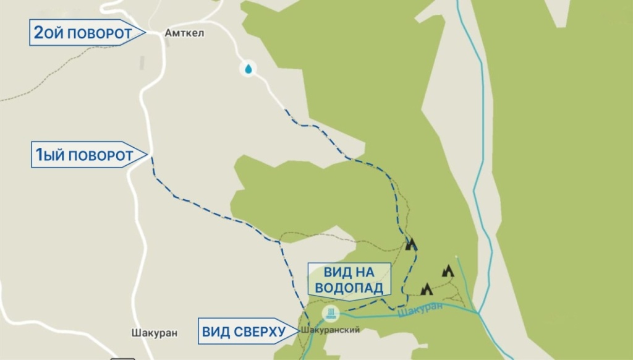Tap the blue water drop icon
[x=249, y=69]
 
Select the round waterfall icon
[x=331, y=313]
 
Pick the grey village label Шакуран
[x=155, y=333]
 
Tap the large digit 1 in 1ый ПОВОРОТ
[x=38, y=155]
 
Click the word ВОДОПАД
[x=349, y=288]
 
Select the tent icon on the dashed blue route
[x=410, y=244]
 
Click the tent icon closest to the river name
[x=426, y=289]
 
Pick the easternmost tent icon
[x=448, y=270]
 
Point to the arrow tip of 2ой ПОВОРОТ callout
[x=145, y=32]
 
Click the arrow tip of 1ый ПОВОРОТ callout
[x=148, y=155]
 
